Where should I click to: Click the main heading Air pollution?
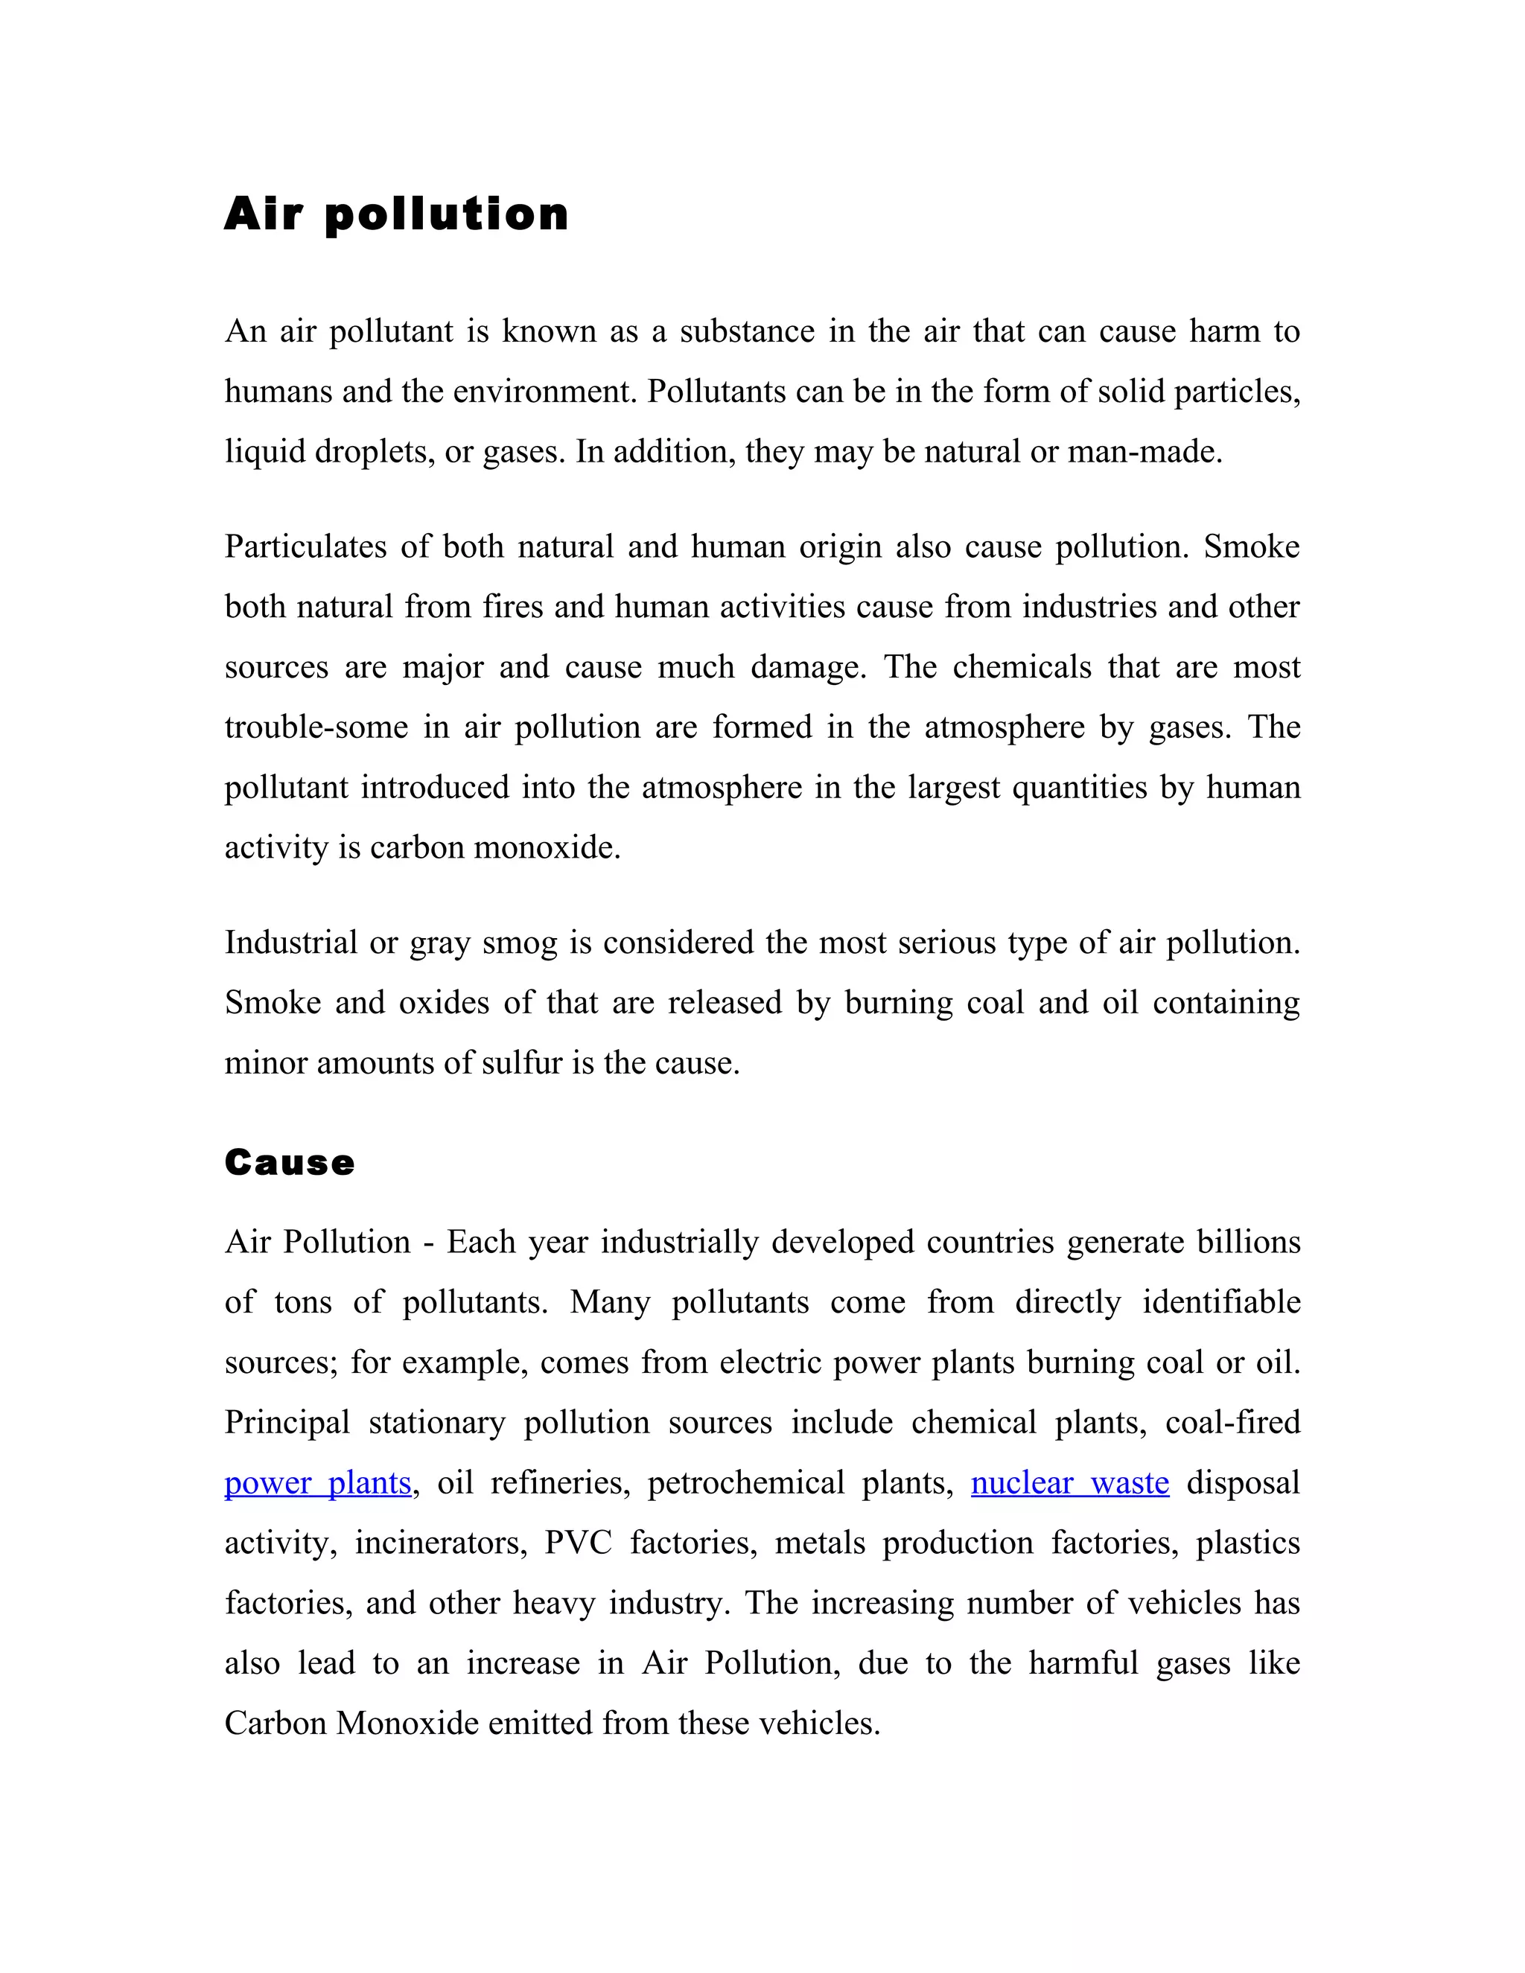point(395,215)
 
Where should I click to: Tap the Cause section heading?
point(289,1163)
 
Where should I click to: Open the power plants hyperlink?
point(317,1483)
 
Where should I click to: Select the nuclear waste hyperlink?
point(1070,1483)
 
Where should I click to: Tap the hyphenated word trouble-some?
point(316,727)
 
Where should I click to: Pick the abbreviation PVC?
point(578,1543)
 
